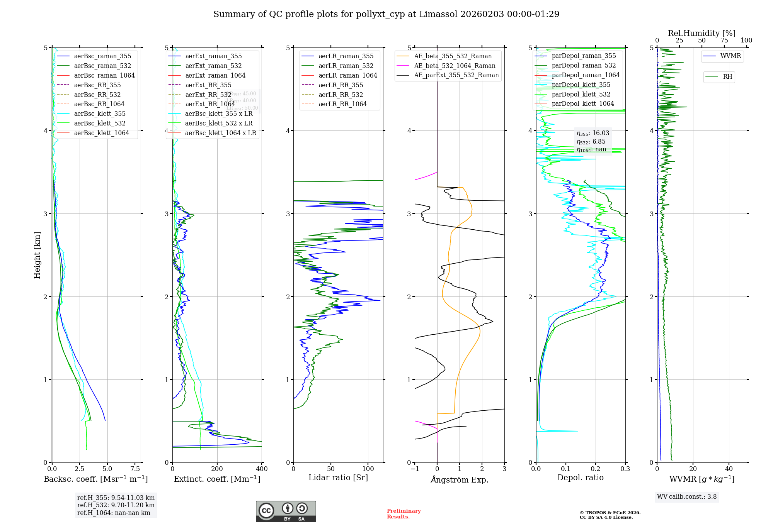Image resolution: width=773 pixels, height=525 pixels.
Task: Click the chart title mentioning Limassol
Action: (386, 14)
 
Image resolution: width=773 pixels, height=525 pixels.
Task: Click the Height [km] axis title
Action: (37, 255)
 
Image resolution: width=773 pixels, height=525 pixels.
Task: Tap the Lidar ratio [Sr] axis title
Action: (338, 478)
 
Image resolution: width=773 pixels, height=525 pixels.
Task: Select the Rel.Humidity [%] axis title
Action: (701, 33)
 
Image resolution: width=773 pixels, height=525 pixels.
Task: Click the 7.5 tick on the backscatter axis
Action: (135, 469)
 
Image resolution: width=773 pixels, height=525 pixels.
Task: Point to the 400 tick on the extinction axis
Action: (262, 469)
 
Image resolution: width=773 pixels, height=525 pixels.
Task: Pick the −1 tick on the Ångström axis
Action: (415, 469)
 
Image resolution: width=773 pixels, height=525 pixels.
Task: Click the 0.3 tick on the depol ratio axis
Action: (625, 469)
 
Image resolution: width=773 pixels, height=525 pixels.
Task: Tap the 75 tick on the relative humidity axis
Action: (724, 41)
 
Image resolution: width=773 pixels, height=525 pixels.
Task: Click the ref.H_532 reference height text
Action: (116, 505)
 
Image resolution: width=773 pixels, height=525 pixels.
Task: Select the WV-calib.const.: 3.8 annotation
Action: (686, 497)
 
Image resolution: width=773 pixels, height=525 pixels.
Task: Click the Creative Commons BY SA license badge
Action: (286, 511)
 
